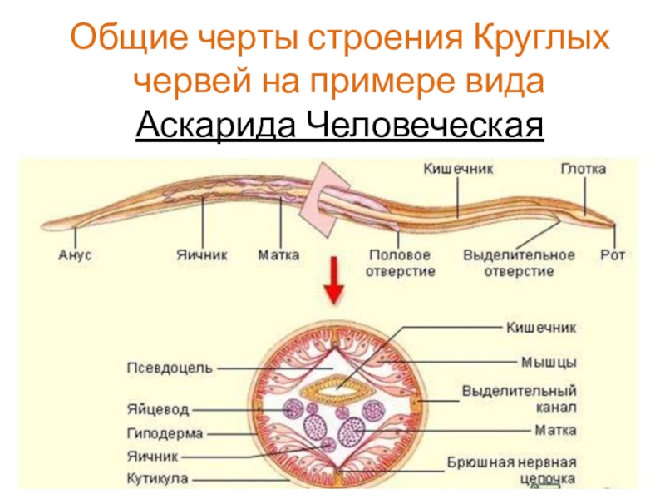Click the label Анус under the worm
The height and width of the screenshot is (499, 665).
[x=74, y=255]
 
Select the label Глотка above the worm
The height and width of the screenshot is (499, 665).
[x=582, y=168]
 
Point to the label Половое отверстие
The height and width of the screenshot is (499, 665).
[x=400, y=263]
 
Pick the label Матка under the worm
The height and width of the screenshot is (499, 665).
[x=279, y=255]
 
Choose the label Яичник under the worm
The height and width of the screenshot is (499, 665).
[x=202, y=255]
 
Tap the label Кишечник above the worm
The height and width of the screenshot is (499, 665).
[x=459, y=168]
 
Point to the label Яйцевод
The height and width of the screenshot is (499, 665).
[x=159, y=410]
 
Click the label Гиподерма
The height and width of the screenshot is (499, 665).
[x=165, y=433]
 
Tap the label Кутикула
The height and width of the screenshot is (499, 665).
[x=159, y=479]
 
